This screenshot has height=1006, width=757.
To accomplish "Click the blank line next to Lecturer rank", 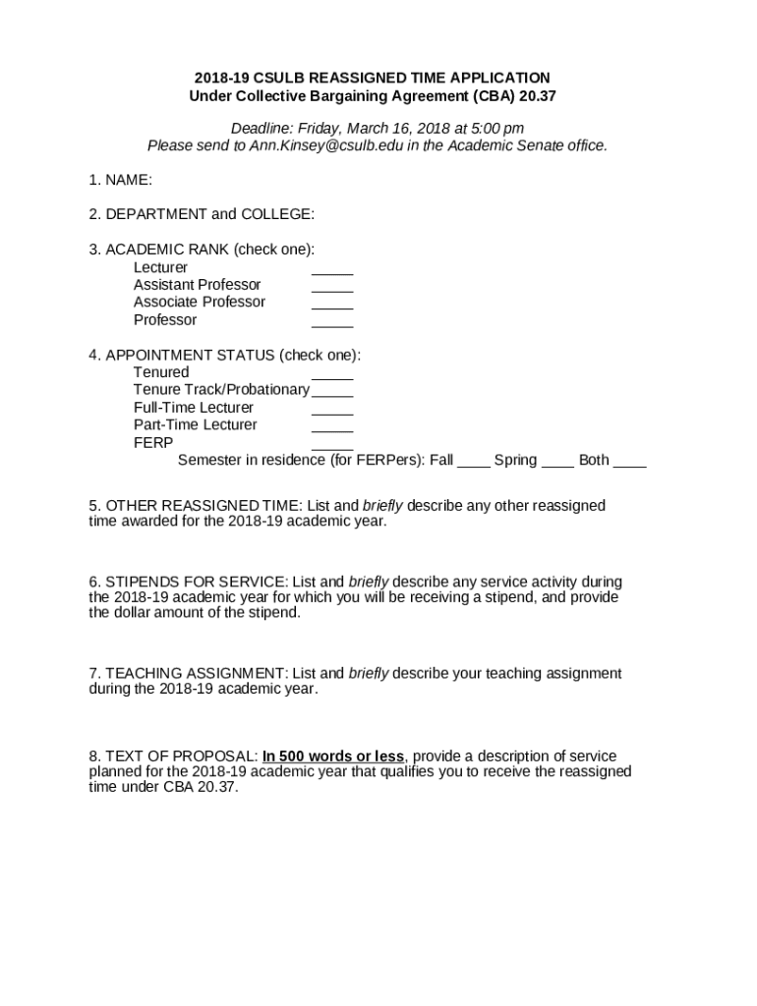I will [332, 272].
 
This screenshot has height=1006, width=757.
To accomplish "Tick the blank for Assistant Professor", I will [332, 290].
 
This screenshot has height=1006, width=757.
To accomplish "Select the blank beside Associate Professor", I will [332, 307].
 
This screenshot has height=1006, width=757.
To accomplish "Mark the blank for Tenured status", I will [332, 377].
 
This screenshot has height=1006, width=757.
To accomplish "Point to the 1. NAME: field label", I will [120, 180].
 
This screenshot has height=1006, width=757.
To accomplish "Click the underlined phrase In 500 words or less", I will [333, 756].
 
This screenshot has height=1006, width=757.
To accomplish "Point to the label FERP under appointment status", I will [153, 442].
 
